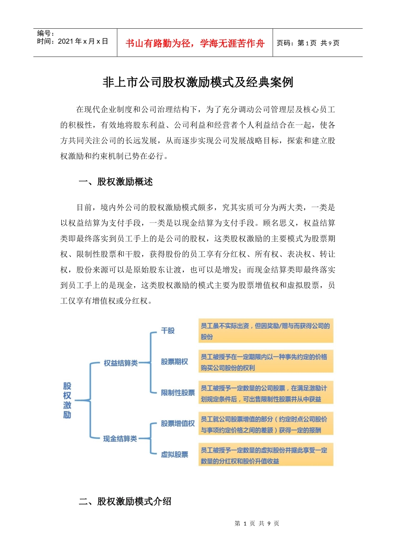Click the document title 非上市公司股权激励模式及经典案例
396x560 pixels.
coord(198,82)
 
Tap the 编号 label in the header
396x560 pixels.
coord(45,33)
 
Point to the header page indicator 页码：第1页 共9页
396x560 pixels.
coord(308,43)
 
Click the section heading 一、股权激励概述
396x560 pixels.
coord(116,182)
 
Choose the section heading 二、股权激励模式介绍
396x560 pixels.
coord(125,501)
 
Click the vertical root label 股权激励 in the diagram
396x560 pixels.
coord(67,400)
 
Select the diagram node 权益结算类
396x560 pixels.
coord(120,363)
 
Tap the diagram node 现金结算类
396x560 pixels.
coord(120,439)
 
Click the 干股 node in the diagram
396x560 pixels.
coord(168,331)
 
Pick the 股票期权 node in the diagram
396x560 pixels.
coord(174,362)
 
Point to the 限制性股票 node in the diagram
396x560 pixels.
coord(178,392)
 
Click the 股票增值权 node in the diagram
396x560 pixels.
coord(178,423)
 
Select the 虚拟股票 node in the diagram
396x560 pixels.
coord(174,454)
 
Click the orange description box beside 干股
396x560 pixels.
coord(266,331)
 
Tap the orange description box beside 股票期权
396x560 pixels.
coord(266,362)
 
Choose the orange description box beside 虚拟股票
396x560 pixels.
coord(266,455)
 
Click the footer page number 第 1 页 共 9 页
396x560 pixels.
coord(257,523)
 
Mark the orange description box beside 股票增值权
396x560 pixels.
coord(266,424)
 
